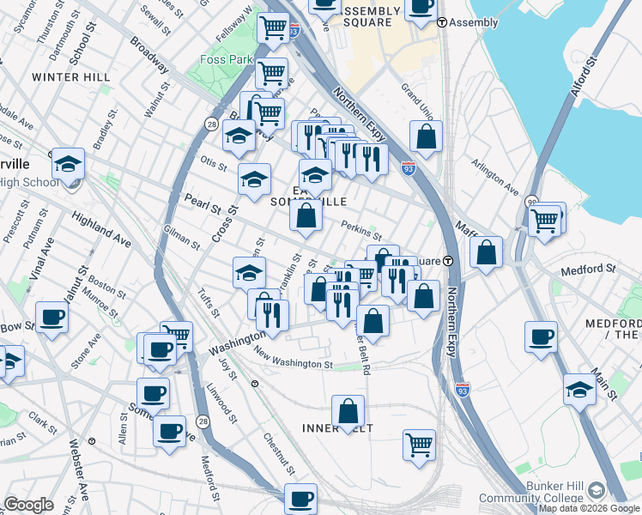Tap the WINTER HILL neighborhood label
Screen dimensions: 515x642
tap(71, 77)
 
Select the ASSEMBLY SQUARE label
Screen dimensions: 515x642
tap(371, 17)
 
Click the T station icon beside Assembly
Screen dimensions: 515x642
tap(442, 22)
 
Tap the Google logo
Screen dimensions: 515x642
tap(29, 505)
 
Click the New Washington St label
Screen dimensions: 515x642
tap(293, 360)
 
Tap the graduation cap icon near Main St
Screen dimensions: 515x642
tap(580, 387)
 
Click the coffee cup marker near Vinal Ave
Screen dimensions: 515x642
tap(51, 317)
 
